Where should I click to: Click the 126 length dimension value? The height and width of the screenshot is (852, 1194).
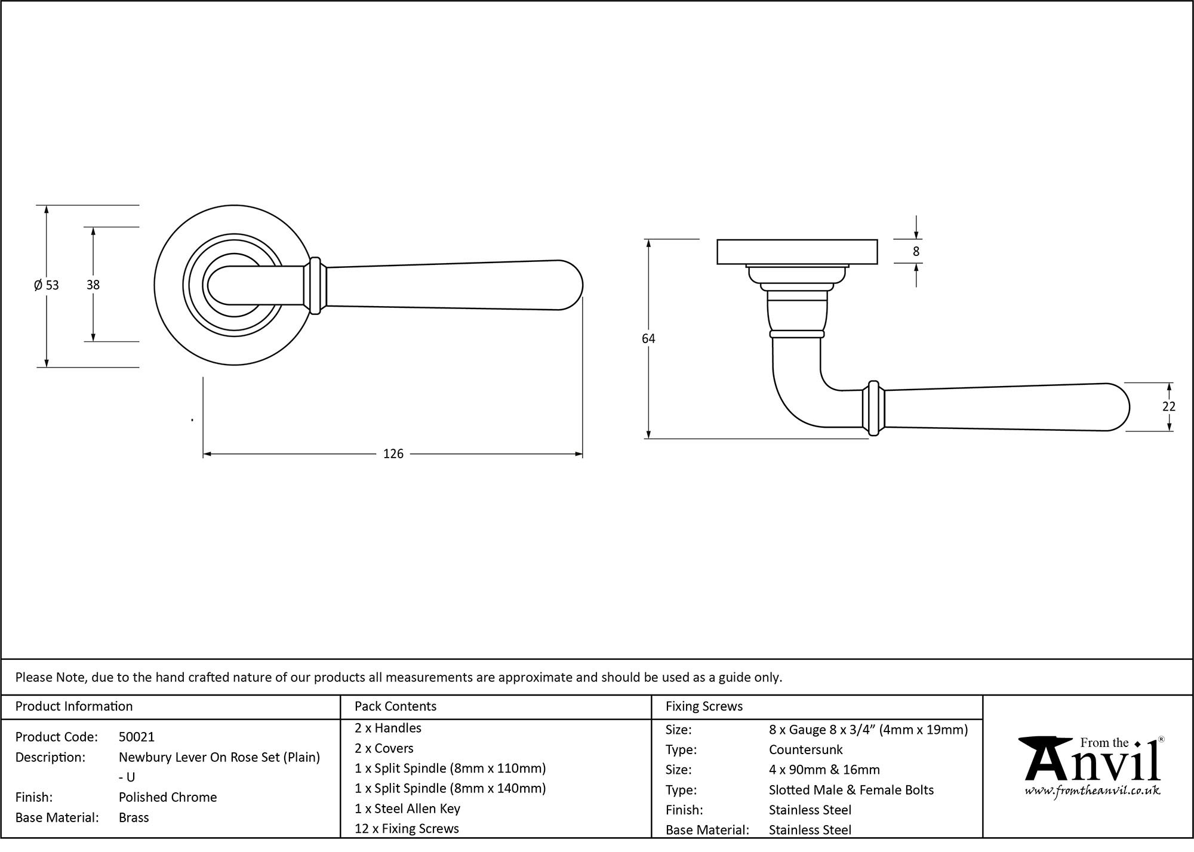click(x=393, y=454)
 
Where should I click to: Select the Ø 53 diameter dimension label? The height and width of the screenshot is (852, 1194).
click(x=47, y=285)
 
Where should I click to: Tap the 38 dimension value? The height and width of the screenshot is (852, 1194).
click(x=93, y=285)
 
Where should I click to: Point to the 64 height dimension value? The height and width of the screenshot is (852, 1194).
click(x=648, y=339)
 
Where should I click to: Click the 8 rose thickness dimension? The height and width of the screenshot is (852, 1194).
click(x=916, y=252)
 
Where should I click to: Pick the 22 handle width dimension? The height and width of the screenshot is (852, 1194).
click(x=1168, y=407)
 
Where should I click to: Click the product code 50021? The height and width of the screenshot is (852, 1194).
click(x=136, y=737)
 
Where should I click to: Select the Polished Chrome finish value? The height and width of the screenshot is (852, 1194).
click(x=168, y=797)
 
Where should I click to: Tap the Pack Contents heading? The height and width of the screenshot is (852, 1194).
click(x=395, y=706)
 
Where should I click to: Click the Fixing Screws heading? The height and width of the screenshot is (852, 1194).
click(x=704, y=706)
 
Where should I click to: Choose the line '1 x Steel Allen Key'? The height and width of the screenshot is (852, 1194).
click(x=407, y=808)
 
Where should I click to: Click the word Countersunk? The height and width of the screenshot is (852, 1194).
click(x=805, y=749)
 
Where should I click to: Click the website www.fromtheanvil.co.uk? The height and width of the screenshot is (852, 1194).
click(x=1092, y=791)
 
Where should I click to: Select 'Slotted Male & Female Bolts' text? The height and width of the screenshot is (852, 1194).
click(x=851, y=790)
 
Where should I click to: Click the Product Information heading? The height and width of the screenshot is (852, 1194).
click(x=74, y=706)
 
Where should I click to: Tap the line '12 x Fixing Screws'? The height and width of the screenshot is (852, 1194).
click(x=407, y=829)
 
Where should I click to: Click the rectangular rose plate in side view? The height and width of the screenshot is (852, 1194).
click(x=796, y=251)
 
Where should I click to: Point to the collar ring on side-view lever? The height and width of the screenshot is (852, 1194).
click(x=873, y=408)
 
